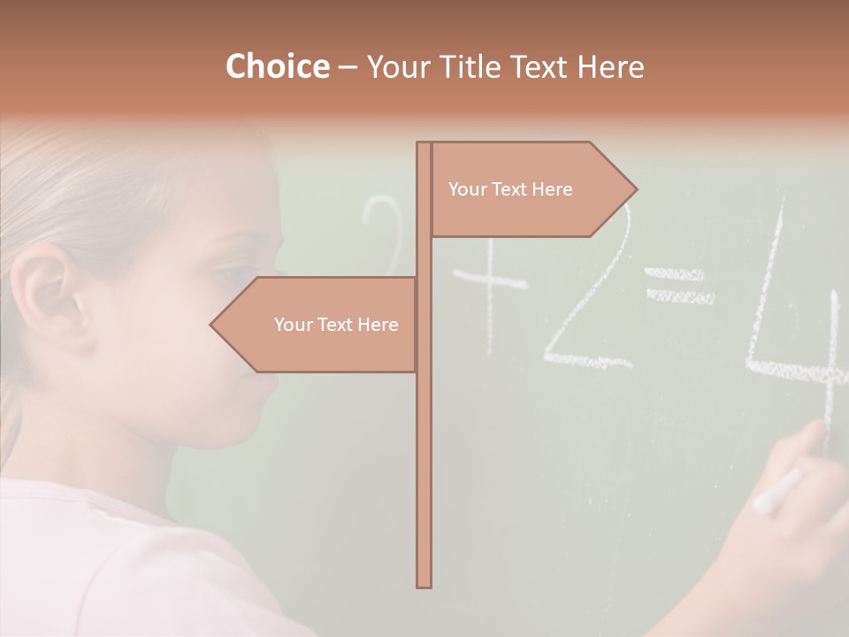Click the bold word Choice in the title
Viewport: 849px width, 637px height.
click(277, 66)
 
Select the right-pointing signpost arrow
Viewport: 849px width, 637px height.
click(531, 189)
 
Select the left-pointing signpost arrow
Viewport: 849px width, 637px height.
click(318, 325)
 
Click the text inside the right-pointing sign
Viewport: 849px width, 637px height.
click(510, 189)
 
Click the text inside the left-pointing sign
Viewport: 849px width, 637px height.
click(336, 325)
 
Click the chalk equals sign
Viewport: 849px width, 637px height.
click(679, 286)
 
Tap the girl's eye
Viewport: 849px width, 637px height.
click(232, 270)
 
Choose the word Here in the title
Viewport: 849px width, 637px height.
click(610, 67)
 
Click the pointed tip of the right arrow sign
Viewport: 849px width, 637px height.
click(636, 188)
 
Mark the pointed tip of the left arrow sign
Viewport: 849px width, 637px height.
click(211, 325)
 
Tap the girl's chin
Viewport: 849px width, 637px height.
click(234, 434)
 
